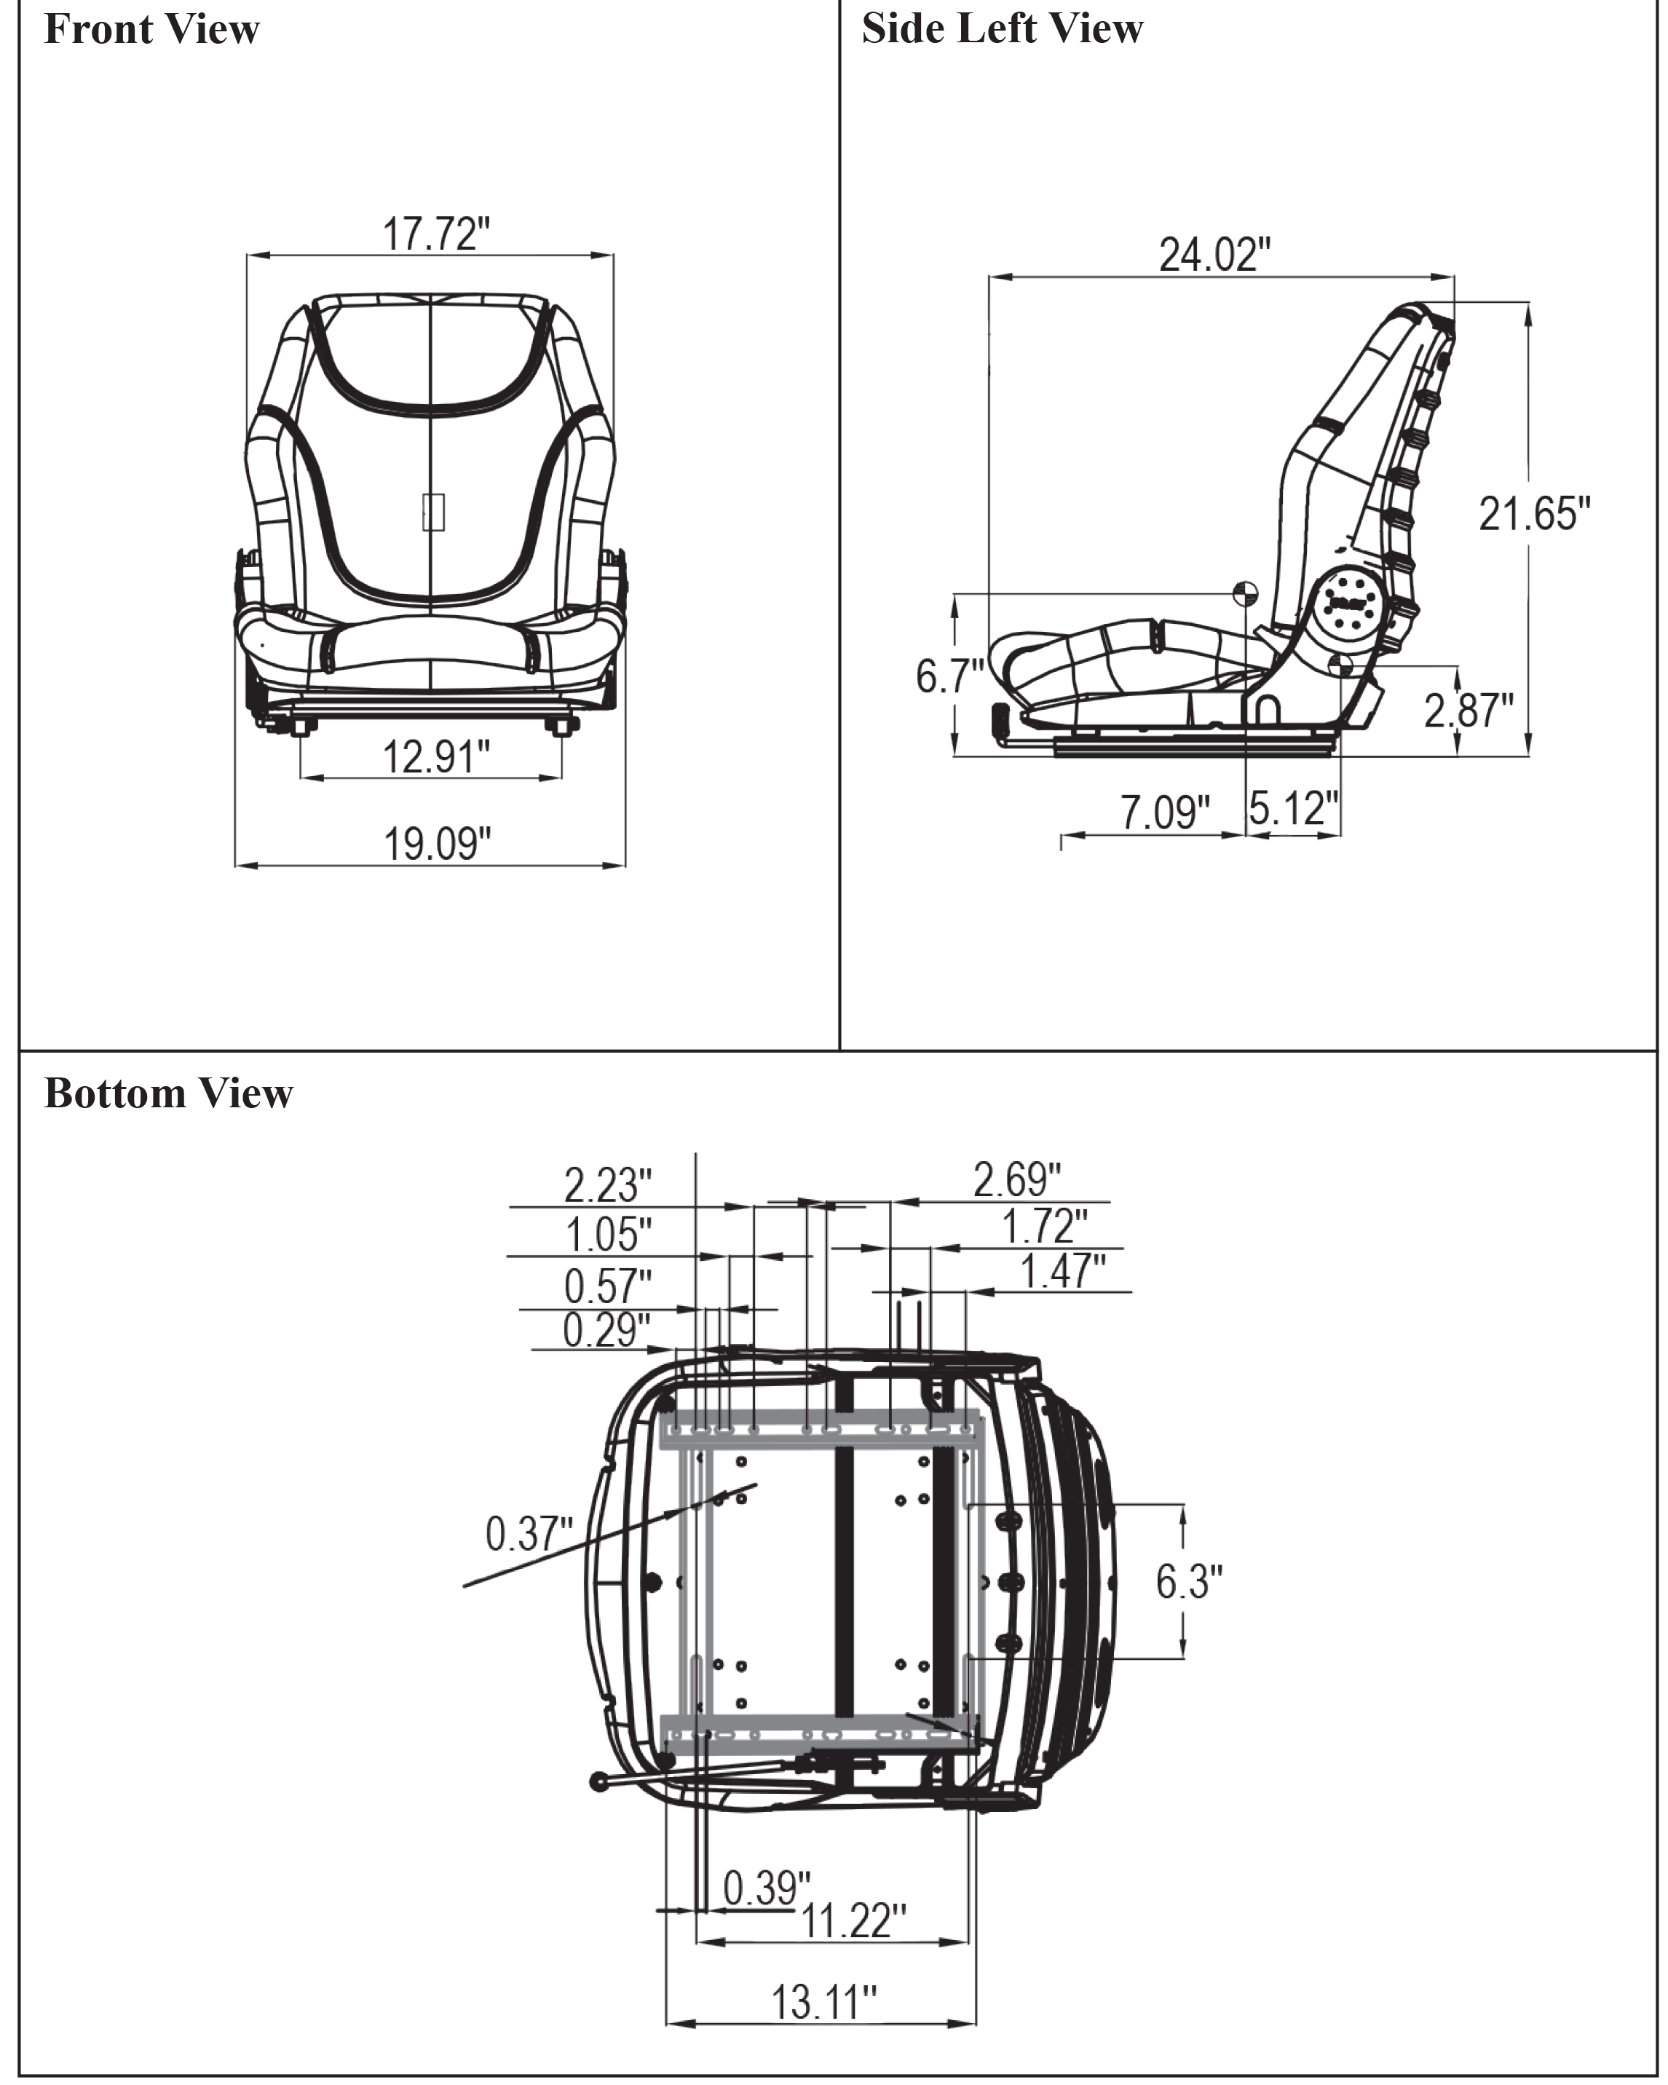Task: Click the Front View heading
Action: tap(152, 29)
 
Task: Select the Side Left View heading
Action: tap(1002, 29)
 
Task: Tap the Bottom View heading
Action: tap(168, 1093)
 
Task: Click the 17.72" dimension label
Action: tap(437, 234)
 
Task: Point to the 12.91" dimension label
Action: tap(437, 756)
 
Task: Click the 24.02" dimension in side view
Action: tap(1214, 254)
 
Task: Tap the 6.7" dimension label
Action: tap(949, 676)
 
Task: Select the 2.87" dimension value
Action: tap(1469, 711)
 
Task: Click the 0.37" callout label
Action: tap(529, 1534)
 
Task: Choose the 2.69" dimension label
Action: tap(1017, 1180)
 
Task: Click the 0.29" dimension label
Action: tap(607, 1331)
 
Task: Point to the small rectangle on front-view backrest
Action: tap(433, 512)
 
